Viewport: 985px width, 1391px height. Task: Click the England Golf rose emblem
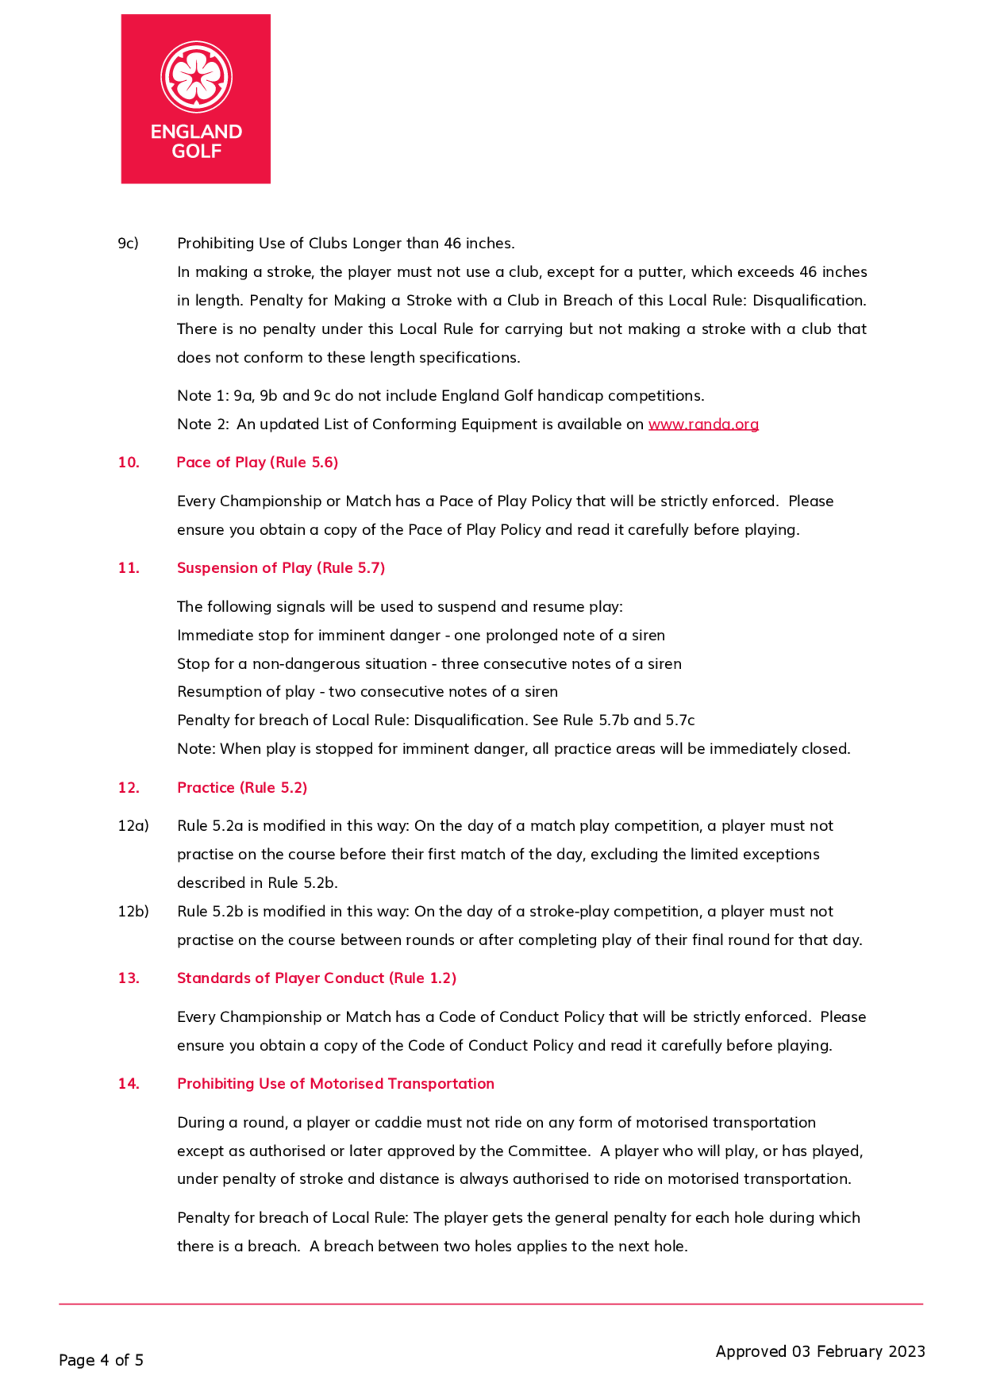[196, 76]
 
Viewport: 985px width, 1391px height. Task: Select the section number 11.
[128, 568]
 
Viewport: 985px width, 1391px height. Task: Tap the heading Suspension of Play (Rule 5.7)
[281, 568]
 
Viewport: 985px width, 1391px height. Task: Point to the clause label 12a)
[133, 825]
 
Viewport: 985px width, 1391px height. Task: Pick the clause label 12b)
[133, 911]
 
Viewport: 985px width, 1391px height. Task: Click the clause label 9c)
[128, 243]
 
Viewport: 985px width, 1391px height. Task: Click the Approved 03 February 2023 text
[820, 1351]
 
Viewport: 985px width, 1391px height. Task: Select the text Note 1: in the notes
[202, 395]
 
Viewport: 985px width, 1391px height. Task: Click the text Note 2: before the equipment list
[202, 424]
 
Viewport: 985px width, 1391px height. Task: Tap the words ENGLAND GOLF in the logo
[196, 141]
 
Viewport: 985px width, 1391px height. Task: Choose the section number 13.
[128, 977]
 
